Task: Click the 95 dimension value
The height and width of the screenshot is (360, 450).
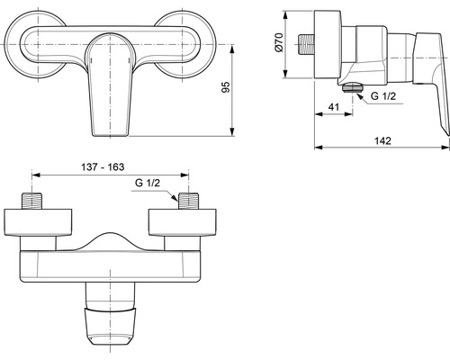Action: pos(226,86)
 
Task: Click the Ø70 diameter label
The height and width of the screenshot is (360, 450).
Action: pos(279,42)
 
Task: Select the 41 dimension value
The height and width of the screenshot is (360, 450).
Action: pos(334,107)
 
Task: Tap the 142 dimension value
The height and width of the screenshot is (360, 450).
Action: pos(382,140)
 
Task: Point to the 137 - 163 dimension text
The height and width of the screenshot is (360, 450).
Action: pos(103,166)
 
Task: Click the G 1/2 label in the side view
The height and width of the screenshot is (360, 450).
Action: pos(383,96)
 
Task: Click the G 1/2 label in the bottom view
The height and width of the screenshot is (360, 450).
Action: pos(148,183)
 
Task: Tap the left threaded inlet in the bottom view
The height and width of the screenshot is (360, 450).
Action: pos(32,201)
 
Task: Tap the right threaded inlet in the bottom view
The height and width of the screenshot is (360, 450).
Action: pos(188,201)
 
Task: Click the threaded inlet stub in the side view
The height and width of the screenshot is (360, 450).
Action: pos(307,44)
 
